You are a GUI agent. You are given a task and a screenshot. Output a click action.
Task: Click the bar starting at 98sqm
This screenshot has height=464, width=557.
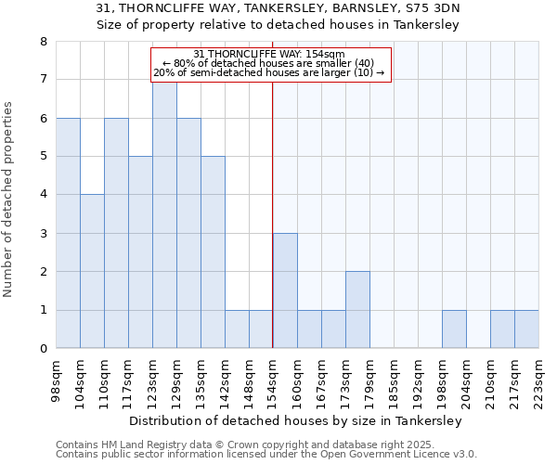click(68, 233)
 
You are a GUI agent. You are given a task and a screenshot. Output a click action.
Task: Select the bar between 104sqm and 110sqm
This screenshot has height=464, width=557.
click(92, 271)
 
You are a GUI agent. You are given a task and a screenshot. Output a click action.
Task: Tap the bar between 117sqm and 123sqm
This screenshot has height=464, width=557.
click(140, 252)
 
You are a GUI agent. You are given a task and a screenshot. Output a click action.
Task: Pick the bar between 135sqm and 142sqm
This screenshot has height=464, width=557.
click(213, 252)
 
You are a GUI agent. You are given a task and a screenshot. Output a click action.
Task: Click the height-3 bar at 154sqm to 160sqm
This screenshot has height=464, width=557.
click(285, 290)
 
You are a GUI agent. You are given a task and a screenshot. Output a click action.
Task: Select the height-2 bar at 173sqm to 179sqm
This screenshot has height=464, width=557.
click(357, 310)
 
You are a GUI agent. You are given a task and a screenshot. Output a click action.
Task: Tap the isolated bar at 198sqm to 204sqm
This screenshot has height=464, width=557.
click(454, 329)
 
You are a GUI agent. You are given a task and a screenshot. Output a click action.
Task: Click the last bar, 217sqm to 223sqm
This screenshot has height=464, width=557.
click(526, 329)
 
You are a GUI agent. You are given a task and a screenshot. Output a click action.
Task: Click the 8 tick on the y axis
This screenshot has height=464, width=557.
click(43, 42)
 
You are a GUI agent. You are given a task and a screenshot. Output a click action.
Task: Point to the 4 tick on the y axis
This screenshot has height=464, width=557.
click(43, 195)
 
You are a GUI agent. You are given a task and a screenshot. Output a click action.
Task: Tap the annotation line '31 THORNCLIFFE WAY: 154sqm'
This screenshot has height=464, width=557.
click(270, 54)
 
